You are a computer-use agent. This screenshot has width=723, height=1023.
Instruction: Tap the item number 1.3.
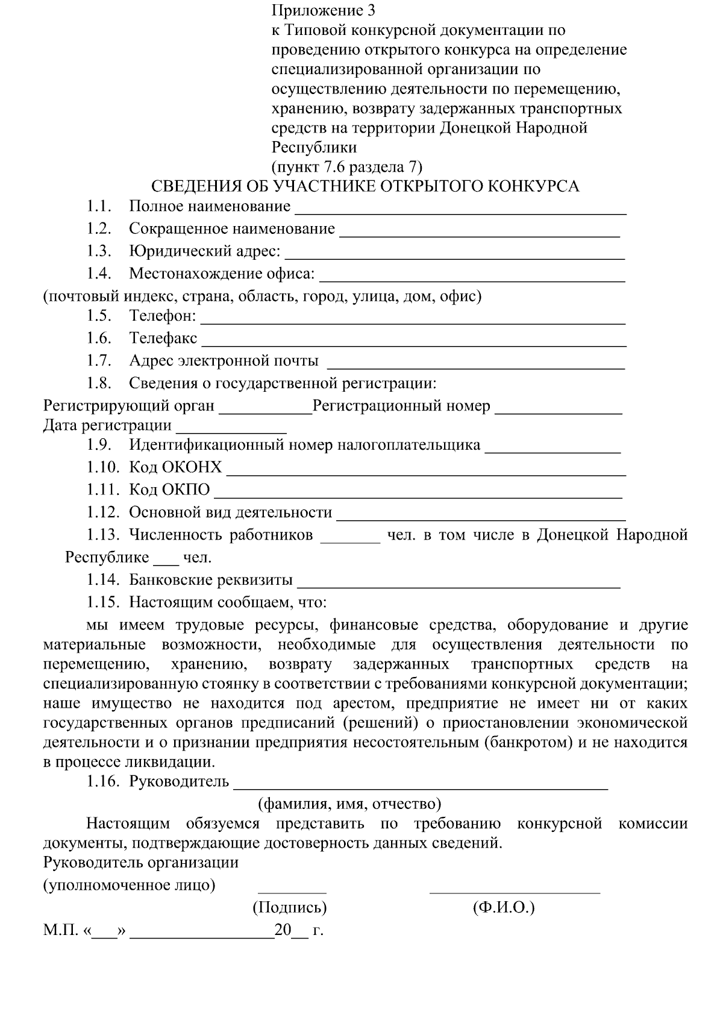point(99,251)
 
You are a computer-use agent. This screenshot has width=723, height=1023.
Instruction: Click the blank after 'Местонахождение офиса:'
point(472,277)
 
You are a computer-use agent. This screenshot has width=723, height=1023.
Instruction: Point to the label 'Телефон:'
point(162,315)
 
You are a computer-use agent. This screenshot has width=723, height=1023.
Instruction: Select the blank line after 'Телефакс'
point(413,342)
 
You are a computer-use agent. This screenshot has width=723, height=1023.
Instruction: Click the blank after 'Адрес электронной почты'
point(475,364)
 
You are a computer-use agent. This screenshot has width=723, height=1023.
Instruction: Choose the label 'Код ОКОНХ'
point(175,467)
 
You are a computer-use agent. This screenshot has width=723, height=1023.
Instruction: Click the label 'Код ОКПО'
point(169,489)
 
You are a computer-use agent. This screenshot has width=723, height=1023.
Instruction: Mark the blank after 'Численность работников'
point(349,539)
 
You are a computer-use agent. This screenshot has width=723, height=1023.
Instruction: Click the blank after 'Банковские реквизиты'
point(459,584)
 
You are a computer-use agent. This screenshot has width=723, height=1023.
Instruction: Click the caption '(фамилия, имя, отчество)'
point(349,804)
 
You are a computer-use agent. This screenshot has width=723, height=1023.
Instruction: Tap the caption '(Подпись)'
point(290,907)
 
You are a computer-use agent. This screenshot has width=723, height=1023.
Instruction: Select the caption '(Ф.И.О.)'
point(504,907)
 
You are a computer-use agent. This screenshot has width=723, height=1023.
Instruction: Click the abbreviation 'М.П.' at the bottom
point(61,930)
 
